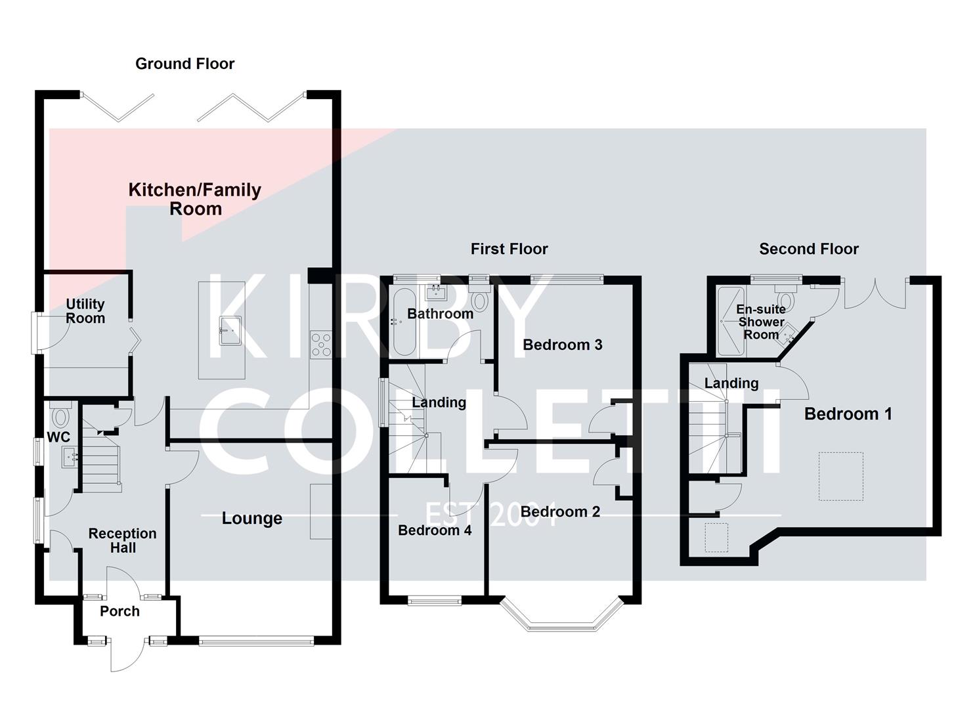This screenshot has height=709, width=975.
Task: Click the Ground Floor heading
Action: click(184, 64)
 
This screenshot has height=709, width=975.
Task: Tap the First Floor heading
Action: click(509, 249)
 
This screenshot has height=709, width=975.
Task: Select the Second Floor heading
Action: click(808, 249)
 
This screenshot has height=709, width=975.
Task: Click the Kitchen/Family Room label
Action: click(195, 199)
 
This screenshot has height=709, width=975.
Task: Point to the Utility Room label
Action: click(85, 311)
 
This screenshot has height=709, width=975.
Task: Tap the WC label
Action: click(58, 437)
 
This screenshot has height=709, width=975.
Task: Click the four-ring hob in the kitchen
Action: click(321, 344)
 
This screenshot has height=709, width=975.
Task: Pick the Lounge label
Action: click(252, 518)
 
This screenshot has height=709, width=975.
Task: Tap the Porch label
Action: click(119, 611)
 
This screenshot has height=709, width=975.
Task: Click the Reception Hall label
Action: click(123, 540)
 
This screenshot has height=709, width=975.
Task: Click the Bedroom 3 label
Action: click(562, 345)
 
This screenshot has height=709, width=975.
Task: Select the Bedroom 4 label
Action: click(435, 530)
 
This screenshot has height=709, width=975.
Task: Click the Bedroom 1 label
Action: click(848, 414)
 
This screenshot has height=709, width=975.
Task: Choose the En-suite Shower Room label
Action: click(760, 322)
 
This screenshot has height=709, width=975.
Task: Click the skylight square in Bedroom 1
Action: click(840, 476)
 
